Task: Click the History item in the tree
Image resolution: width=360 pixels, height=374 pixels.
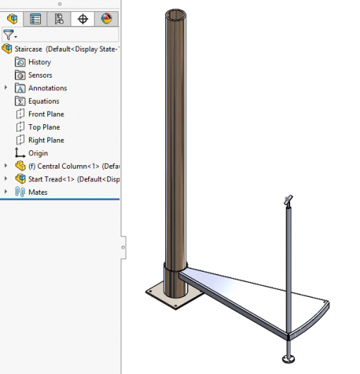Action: coord(39,62)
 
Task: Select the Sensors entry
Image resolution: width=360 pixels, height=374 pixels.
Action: coord(40,75)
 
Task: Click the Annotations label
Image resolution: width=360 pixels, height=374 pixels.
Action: coord(47,88)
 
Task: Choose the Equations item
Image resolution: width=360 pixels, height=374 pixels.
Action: coord(43,101)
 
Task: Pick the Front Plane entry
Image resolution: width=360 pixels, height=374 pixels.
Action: coord(46,114)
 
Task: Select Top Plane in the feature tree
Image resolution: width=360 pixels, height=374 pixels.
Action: coord(44,127)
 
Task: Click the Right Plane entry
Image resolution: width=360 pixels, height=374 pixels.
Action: coord(46,140)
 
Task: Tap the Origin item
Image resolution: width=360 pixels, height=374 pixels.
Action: coord(38,153)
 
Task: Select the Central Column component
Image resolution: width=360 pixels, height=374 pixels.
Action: coord(67,166)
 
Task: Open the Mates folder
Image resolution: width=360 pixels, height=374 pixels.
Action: coord(37,192)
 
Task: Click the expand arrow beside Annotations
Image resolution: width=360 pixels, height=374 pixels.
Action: coord(6,88)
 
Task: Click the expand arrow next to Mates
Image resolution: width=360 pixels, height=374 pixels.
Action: coord(6,192)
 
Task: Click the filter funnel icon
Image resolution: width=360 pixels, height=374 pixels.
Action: coord(8,34)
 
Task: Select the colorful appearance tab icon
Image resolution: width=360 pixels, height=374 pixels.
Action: coord(106,19)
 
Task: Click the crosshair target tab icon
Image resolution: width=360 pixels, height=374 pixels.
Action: coord(83,19)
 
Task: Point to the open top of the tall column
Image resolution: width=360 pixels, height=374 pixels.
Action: coord(178,13)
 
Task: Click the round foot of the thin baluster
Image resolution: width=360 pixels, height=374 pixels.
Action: coord(288,360)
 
